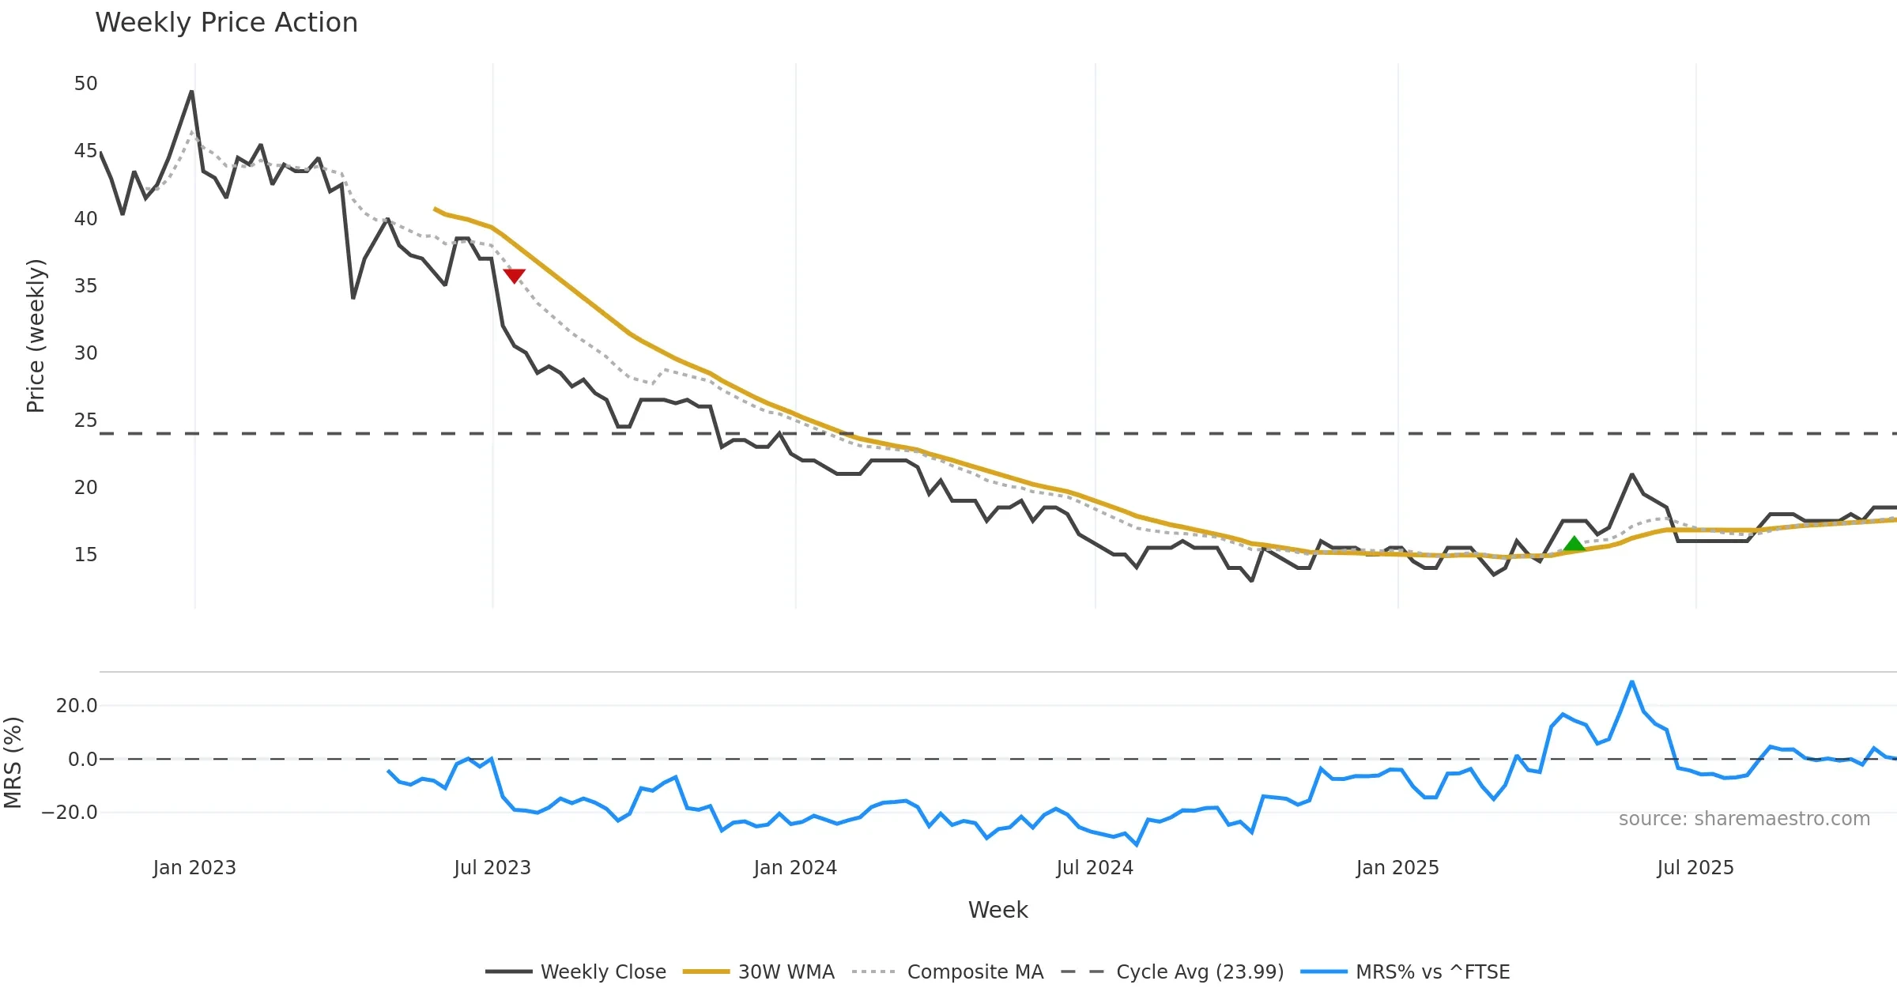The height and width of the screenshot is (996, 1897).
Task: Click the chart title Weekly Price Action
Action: [x=226, y=23]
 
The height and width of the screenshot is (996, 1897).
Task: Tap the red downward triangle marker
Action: [x=515, y=275]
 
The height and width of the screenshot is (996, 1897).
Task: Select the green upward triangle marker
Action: [x=1574, y=544]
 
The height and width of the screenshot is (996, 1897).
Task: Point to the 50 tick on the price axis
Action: [x=85, y=84]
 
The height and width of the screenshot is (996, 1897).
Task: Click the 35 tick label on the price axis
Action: [x=85, y=285]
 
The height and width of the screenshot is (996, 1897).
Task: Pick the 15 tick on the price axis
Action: [x=85, y=555]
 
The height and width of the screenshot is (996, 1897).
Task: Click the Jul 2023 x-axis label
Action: [x=492, y=868]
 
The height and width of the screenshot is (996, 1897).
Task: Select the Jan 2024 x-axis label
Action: [x=795, y=868]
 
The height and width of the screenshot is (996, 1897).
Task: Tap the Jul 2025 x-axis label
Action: [x=1695, y=868]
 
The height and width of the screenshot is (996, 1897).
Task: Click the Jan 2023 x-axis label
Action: [x=194, y=868]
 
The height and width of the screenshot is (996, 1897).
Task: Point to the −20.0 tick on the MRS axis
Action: [x=70, y=813]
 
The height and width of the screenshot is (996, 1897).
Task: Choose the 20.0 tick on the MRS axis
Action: [x=76, y=705]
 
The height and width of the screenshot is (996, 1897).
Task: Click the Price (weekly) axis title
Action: [x=36, y=336]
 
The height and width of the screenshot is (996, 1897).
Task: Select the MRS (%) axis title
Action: [x=13, y=762]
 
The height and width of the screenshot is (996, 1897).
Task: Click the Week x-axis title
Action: [x=998, y=911]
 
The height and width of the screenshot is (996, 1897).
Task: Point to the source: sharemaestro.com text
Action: [x=1744, y=819]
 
